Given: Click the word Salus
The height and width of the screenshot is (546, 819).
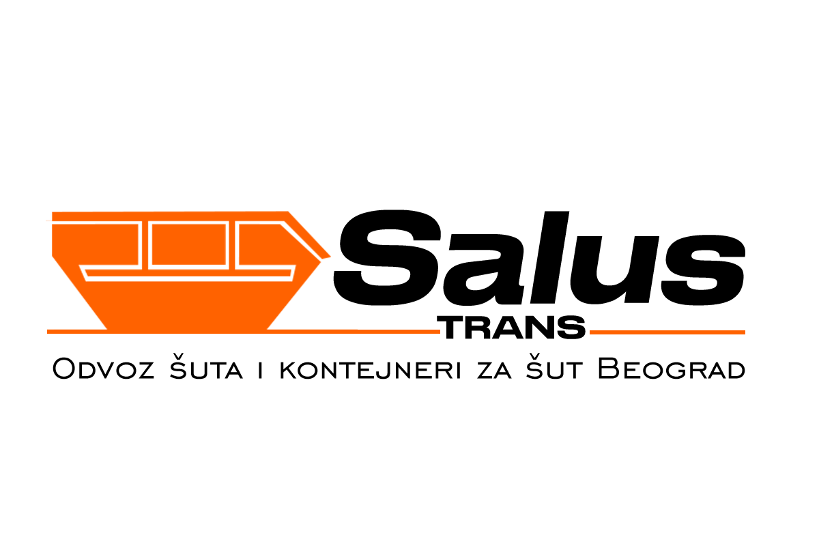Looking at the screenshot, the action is (x=539, y=258).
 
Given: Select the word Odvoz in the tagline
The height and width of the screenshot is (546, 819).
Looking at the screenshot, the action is (x=104, y=370).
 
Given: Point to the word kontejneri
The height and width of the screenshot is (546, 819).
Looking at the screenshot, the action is (x=370, y=370).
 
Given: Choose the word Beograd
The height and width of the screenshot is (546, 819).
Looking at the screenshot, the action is (x=671, y=370).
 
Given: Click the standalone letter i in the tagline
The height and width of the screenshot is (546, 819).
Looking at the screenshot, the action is (x=260, y=370).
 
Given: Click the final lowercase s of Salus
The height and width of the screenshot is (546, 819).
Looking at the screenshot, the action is (x=704, y=270).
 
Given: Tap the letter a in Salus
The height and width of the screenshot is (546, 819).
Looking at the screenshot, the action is (x=485, y=270).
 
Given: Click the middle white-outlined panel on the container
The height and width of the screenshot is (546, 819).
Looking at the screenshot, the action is (x=188, y=244).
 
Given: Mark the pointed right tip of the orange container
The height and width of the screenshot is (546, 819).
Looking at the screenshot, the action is (x=330, y=257).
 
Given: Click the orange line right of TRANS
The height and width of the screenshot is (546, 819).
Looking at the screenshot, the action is (x=667, y=332).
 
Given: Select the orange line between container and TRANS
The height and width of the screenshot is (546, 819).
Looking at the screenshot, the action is (x=354, y=332).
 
